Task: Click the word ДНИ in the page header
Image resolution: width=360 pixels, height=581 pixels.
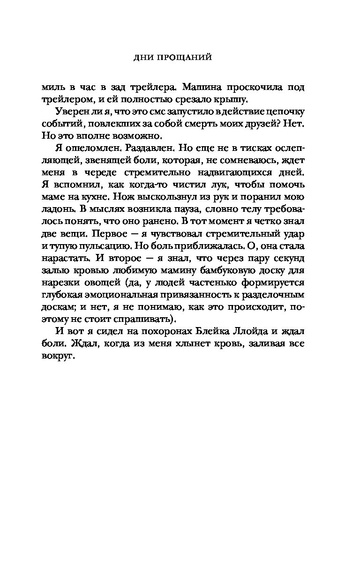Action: (141, 58)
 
